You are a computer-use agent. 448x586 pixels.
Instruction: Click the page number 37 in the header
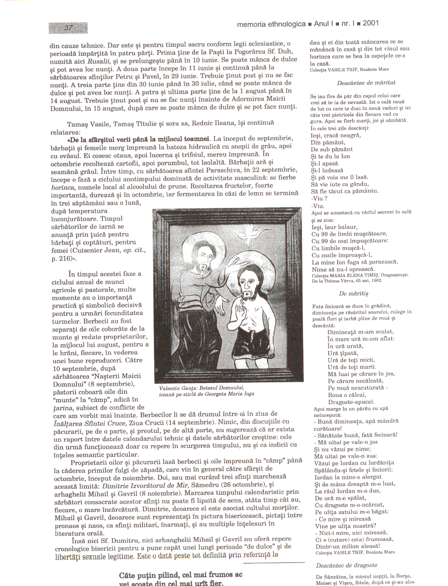tap(68, 28)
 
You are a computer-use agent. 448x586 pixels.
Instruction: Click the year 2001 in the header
tap(371, 23)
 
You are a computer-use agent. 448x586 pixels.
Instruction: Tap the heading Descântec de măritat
tap(366, 83)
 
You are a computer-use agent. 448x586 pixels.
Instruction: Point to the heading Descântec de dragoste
tap(346, 565)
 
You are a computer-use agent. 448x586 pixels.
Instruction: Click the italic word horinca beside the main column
tap(63, 187)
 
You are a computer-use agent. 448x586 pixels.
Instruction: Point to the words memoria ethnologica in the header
tap(271, 24)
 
